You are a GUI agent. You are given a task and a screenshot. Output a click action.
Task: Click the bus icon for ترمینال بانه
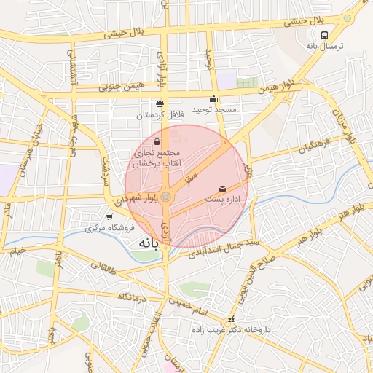[x=324, y=34]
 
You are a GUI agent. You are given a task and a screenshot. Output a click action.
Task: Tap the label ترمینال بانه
[x=323, y=46]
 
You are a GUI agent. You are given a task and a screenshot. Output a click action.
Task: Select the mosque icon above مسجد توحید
[x=213, y=99]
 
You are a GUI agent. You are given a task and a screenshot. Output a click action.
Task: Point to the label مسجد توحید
[x=215, y=109]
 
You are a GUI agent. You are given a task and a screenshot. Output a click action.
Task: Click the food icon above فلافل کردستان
[x=160, y=103]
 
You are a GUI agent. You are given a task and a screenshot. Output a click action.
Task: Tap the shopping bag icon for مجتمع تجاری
[x=157, y=141]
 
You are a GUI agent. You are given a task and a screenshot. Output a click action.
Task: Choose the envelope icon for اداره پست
[x=222, y=189]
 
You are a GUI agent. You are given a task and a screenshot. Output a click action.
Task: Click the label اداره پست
[x=222, y=199]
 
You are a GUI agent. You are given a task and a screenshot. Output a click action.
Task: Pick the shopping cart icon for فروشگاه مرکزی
[x=109, y=217]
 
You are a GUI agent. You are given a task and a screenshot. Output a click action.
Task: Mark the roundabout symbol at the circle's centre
[x=166, y=197]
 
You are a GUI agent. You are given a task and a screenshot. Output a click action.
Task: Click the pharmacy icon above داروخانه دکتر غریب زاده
[x=232, y=319]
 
